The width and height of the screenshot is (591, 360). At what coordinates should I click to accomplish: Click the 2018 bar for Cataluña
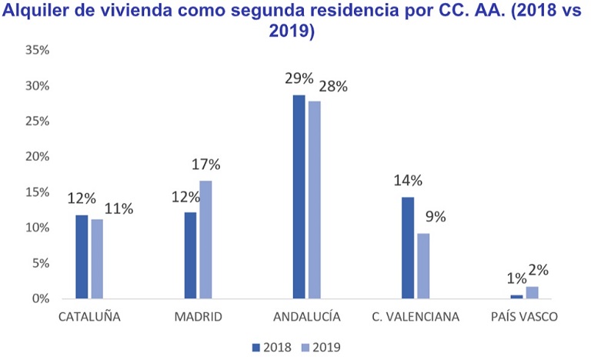pyautogui.click(x=82, y=257)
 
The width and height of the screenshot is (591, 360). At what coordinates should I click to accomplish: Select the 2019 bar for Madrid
pyautogui.click(x=205, y=240)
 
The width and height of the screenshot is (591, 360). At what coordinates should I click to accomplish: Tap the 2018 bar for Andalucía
pyautogui.click(x=299, y=197)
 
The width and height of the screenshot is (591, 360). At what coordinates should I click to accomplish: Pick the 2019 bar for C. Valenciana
pyautogui.click(x=422, y=266)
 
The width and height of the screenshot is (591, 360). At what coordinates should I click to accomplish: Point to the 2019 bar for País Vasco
pyautogui.click(x=532, y=293)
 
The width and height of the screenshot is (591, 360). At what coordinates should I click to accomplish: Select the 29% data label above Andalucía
pyautogui.click(x=299, y=78)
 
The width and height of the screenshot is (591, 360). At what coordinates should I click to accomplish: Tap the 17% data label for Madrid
pyautogui.click(x=206, y=164)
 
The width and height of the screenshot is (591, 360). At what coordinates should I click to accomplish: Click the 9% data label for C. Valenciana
pyautogui.click(x=436, y=217)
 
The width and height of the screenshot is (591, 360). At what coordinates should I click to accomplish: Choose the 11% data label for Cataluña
pyautogui.click(x=119, y=208)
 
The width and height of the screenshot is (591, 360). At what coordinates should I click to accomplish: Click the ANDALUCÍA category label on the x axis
pyautogui.click(x=306, y=317)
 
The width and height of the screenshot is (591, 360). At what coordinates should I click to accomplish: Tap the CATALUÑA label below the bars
pyautogui.click(x=89, y=317)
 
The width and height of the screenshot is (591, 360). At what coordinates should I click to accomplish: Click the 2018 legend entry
pyautogui.click(x=269, y=347)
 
